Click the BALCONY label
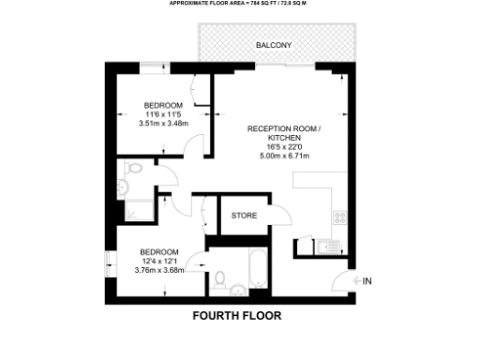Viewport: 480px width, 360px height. (x=274, y=46)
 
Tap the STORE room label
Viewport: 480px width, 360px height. (x=244, y=216)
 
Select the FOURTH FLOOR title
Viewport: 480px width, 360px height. (x=236, y=316)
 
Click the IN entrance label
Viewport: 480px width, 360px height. (x=367, y=281)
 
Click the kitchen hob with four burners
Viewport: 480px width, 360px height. (x=338, y=217)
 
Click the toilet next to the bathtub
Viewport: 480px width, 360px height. (x=219, y=279)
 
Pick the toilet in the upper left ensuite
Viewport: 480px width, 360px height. (x=133, y=171)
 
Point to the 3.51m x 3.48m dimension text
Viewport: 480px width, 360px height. (x=163, y=123)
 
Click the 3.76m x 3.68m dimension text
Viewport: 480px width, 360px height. (x=160, y=271)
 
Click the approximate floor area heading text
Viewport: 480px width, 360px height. (x=237, y=4)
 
